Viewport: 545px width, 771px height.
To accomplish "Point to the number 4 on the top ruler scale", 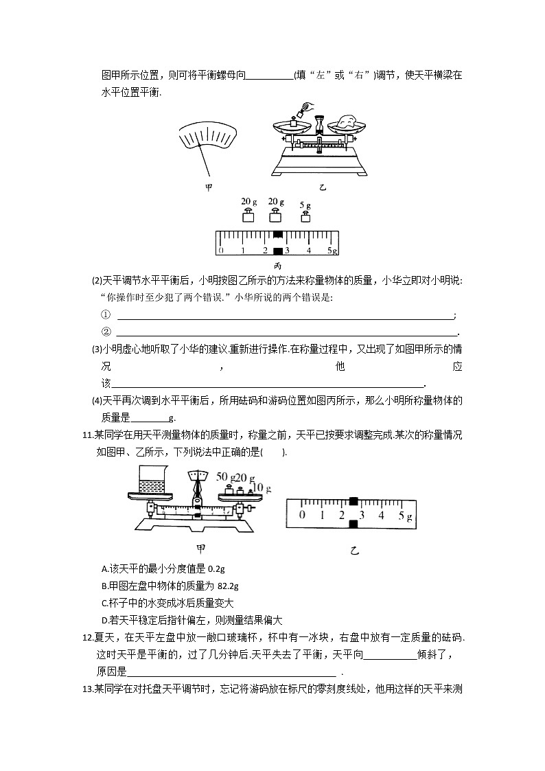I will tap(309, 251).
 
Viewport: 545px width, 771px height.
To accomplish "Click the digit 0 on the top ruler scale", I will tap(221, 251).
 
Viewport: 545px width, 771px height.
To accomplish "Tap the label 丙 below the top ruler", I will tap(277, 266).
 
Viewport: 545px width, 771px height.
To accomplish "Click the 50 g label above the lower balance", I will tap(225, 476).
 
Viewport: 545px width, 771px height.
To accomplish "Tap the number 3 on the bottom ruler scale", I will tap(362, 515).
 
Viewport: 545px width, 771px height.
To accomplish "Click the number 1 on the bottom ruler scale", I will tap(322, 515).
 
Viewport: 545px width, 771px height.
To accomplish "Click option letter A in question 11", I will tap(104, 568).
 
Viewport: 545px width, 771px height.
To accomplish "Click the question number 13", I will tap(86, 689).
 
